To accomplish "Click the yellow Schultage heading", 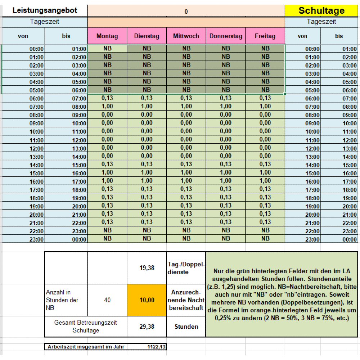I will click(321, 10).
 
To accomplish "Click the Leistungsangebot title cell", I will click(45, 10).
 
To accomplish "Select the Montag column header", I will click(107, 36).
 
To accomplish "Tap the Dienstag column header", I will click(147, 36).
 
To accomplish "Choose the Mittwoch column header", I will click(186, 36).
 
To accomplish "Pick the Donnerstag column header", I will click(226, 36).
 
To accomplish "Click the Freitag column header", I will click(265, 36).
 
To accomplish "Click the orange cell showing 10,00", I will click(147, 300).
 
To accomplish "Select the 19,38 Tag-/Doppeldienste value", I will click(147, 268).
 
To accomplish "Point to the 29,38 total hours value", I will click(147, 327).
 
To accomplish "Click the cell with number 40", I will click(107, 300).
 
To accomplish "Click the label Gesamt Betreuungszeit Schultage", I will click(86, 327).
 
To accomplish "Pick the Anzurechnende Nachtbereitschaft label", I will click(186, 300).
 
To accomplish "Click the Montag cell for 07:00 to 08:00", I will click(107, 106).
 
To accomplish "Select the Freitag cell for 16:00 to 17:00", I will click(265, 181).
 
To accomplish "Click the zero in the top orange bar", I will click(186, 12).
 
